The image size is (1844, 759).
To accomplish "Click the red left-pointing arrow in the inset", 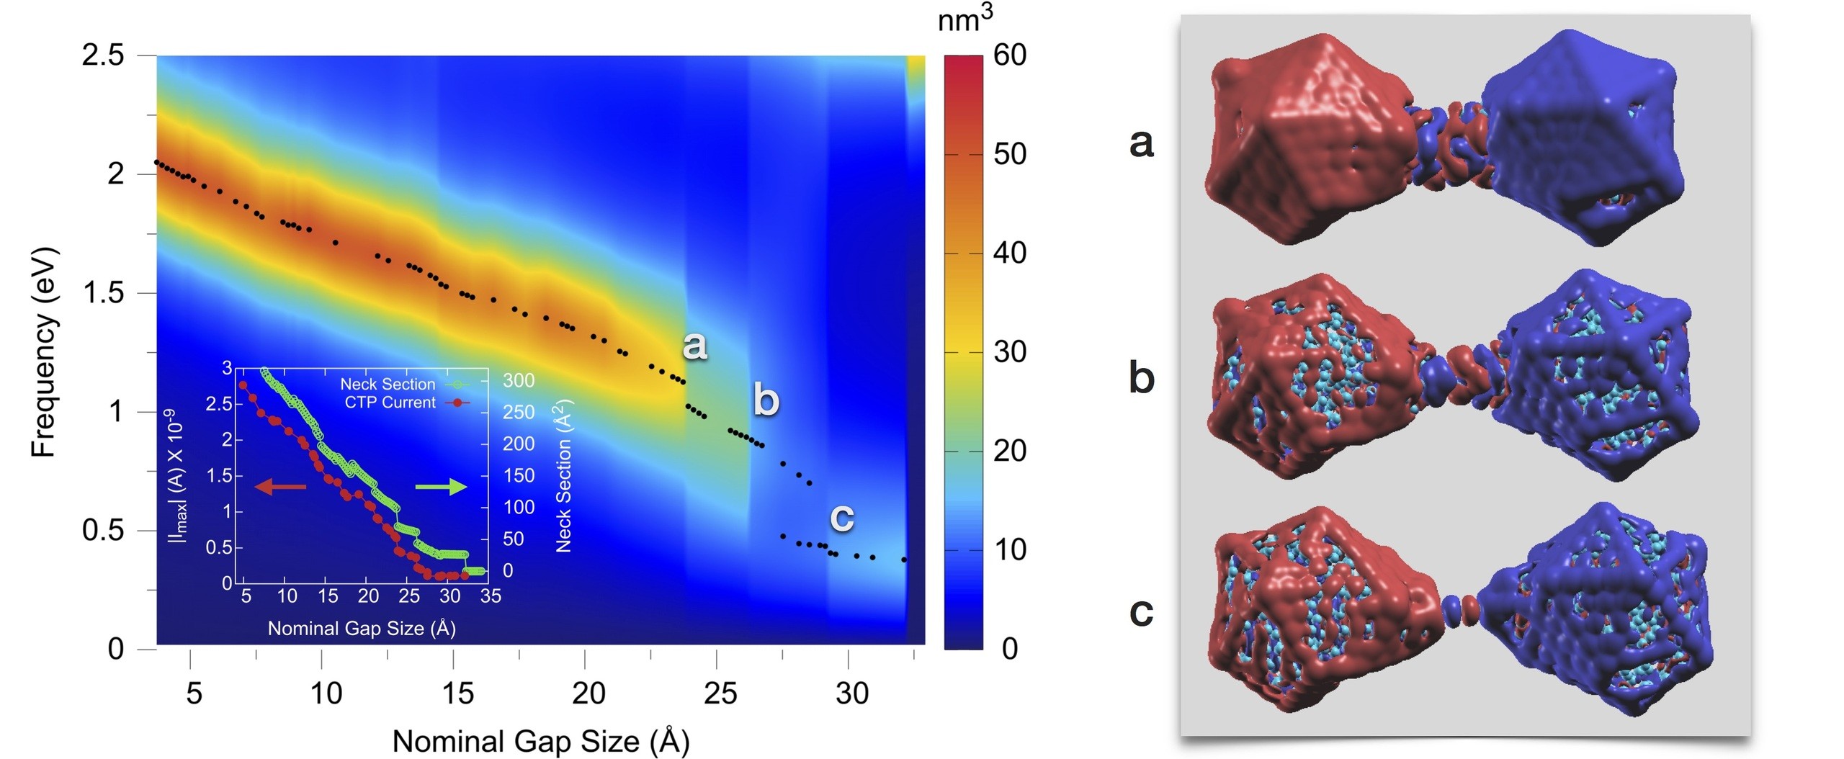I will coord(281,488).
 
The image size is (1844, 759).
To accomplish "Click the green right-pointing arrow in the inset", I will coord(442,488).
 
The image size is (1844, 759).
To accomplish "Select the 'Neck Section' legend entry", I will coord(388,384).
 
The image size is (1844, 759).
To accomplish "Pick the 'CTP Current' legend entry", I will coord(390,403).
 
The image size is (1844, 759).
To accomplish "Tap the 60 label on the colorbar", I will coord(1010,55).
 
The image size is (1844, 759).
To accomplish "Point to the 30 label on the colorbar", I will coord(1010,352).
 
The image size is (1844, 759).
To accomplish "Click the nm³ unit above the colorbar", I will coord(964,20).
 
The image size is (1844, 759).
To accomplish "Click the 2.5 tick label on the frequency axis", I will coord(103,55).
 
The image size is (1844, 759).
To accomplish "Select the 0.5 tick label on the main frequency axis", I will coord(103,531).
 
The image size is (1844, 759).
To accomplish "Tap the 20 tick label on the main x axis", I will coord(588,693).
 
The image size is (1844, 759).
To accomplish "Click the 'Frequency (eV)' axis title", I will coord(43,353).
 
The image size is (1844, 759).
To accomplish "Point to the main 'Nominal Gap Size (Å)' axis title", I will coord(540,741).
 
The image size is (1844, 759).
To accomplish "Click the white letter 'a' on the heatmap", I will coord(694,345).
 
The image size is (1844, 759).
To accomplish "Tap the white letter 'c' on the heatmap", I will coord(842,517).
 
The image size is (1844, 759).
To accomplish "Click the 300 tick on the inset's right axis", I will coord(519,381).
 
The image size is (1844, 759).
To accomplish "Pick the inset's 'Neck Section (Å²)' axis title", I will coord(563,476).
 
